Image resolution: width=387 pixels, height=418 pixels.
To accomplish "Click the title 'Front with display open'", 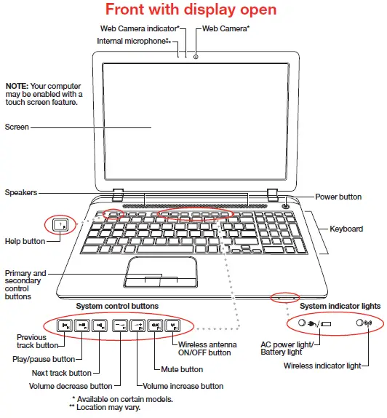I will click(x=191, y=10).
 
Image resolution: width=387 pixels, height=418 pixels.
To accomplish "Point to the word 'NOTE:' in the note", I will click(x=17, y=85).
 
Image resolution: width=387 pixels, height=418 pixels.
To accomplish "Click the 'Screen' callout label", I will click(x=17, y=127).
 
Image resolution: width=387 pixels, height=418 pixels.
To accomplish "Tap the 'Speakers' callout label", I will click(x=21, y=193).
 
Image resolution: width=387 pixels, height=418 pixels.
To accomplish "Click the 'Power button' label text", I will click(x=338, y=197).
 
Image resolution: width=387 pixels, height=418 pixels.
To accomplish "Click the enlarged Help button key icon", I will click(x=60, y=224).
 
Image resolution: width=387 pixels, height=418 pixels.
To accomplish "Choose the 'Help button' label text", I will click(x=25, y=241).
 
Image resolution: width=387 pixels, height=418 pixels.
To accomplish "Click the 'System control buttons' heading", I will click(x=117, y=305).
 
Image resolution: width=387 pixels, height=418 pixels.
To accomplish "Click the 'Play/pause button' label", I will click(x=44, y=359).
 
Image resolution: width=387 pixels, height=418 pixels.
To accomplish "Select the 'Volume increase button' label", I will click(x=183, y=386).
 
